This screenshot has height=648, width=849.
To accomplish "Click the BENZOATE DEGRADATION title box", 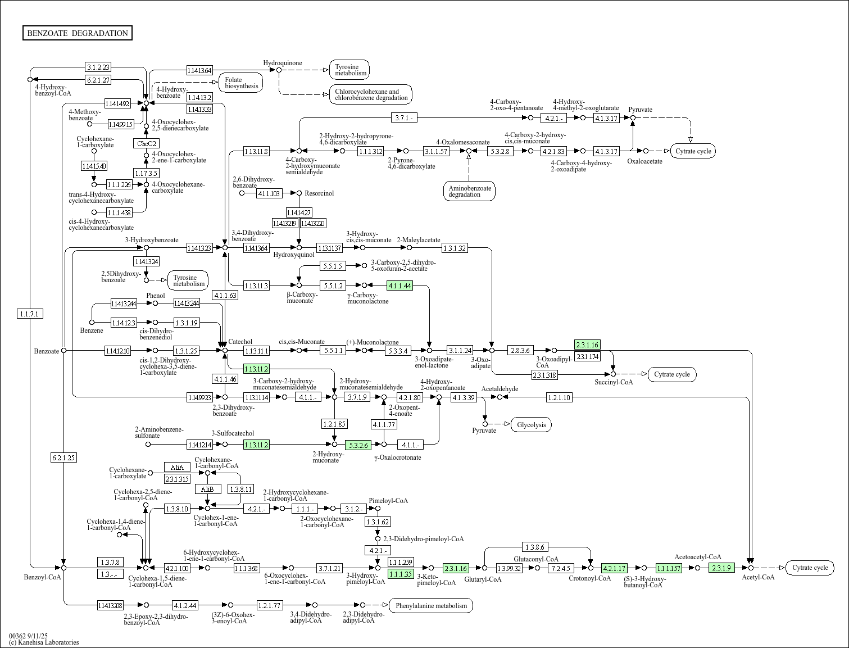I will tap(78, 33).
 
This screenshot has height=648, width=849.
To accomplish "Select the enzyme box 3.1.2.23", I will tap(98, 67).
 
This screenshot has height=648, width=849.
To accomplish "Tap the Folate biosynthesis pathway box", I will tap(241, 83).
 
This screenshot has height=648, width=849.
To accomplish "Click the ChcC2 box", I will tap(146, 143).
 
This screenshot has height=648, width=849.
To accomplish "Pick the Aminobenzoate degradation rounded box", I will tap(469, 191).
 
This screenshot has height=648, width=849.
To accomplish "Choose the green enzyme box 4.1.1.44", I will tap(399, 286).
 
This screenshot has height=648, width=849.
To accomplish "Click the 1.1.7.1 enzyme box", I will tap(30, 314).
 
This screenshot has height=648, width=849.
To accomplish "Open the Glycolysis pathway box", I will tap(531, 424).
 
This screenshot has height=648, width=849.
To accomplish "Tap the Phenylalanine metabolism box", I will tap(431, 605).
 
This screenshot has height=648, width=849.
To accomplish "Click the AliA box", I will tap(177, 467).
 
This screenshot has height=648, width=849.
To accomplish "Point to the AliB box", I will tap(207, 489).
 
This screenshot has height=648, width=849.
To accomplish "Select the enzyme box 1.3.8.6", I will tap(534, 547).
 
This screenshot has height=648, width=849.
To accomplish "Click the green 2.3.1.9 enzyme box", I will tap(721, 568).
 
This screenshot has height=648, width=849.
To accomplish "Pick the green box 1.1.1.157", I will tap(669, 568).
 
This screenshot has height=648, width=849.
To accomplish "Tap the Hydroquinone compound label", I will tap(283, 63).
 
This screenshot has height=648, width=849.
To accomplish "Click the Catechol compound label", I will tap(240, 341).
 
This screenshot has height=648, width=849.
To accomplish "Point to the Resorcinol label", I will tap(319, 193).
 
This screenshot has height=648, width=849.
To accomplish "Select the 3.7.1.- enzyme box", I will tap(404, 117).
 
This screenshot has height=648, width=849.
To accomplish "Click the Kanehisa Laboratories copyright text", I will tap(44, 642).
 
